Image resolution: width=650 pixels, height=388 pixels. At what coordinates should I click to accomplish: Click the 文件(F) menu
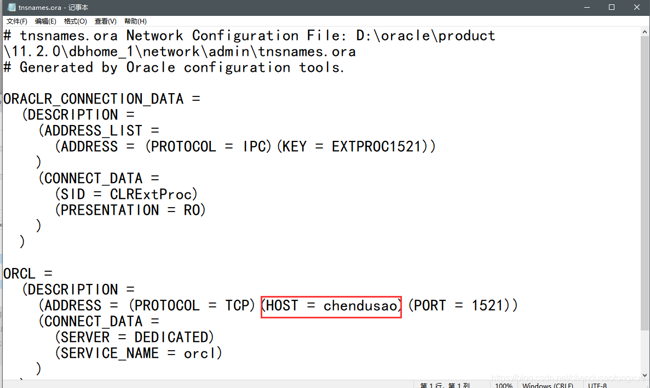click(17, 21)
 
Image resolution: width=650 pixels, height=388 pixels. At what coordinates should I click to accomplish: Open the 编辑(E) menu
click(45, 21)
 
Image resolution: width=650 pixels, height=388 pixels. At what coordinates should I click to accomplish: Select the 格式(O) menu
click(75, 21)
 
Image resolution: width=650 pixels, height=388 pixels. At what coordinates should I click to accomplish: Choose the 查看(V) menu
click(105, 21)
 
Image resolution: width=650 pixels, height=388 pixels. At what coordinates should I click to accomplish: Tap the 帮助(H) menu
click(135, 21)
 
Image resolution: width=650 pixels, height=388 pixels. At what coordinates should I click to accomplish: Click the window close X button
click(637, 7)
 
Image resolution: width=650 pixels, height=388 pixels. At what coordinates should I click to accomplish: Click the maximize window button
click(612, 7)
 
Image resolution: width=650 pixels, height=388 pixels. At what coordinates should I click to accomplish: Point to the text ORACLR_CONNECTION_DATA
click(93, 99)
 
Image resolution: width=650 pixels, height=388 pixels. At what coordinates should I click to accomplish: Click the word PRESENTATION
click(110, 210)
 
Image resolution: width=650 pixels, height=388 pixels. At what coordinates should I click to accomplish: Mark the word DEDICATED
click(171, 337)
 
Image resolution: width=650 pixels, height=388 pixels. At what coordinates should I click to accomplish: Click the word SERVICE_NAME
click(110, 353)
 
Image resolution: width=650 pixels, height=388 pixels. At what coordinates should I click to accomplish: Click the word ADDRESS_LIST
click(93, 131)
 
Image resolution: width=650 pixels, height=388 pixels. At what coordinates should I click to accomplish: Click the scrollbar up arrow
click(645, 32)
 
